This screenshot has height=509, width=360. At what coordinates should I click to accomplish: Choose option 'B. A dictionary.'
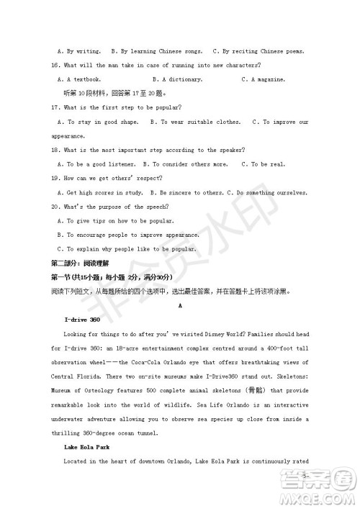point(177,79)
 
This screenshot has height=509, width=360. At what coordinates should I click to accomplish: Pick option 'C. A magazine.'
point(264,79)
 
